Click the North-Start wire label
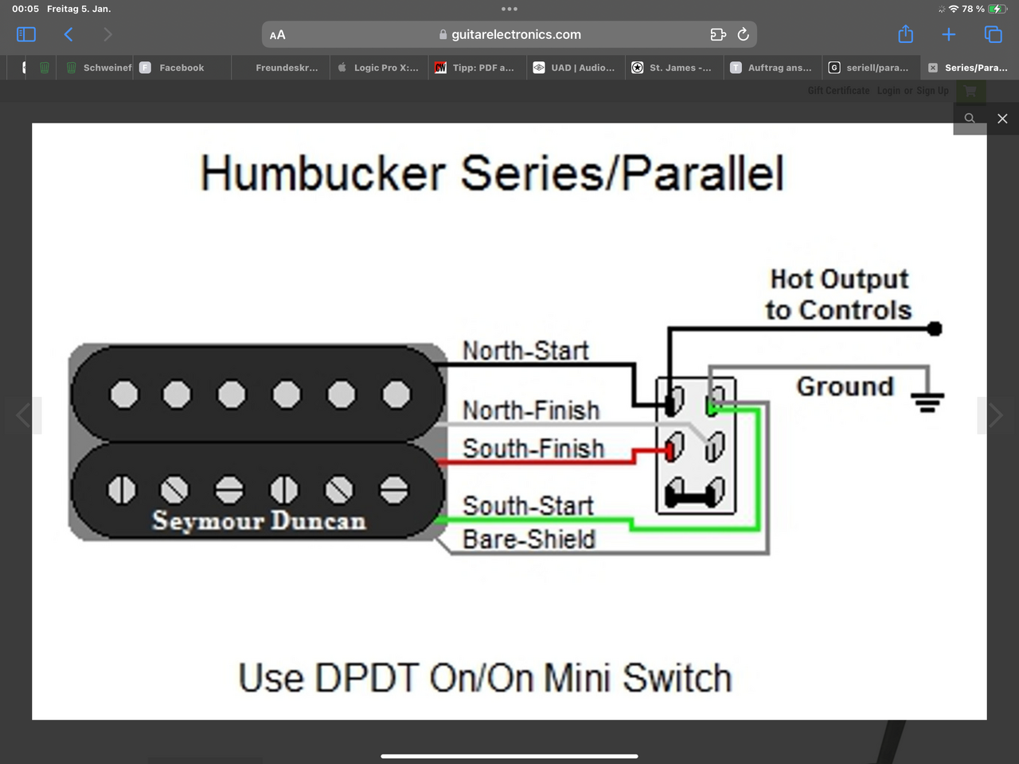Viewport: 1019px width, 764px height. [525, 351]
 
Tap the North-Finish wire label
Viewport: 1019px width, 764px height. [531, 411]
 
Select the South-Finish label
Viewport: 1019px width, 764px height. [533, 449]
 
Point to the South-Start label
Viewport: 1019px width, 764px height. [528, 506]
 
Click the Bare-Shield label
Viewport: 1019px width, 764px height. [529, 540]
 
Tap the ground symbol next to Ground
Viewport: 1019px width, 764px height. [927, 402]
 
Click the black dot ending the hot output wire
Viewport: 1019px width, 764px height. [935, 329]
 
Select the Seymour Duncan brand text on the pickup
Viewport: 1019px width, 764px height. [259, 520]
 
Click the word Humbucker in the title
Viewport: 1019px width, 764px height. [322, 173]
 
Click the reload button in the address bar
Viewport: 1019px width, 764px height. [743, 34]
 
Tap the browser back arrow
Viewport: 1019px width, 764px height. [68, 34]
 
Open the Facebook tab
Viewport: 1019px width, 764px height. [181, 68]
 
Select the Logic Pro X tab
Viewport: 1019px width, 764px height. [385, 68]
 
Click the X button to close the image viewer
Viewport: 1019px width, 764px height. [1002, 119]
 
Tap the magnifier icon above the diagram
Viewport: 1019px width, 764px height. [970, 119]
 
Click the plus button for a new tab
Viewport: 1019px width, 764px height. [948, 34]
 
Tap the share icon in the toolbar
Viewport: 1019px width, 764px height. [905, 34]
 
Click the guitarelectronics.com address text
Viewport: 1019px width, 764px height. [516, 34]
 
